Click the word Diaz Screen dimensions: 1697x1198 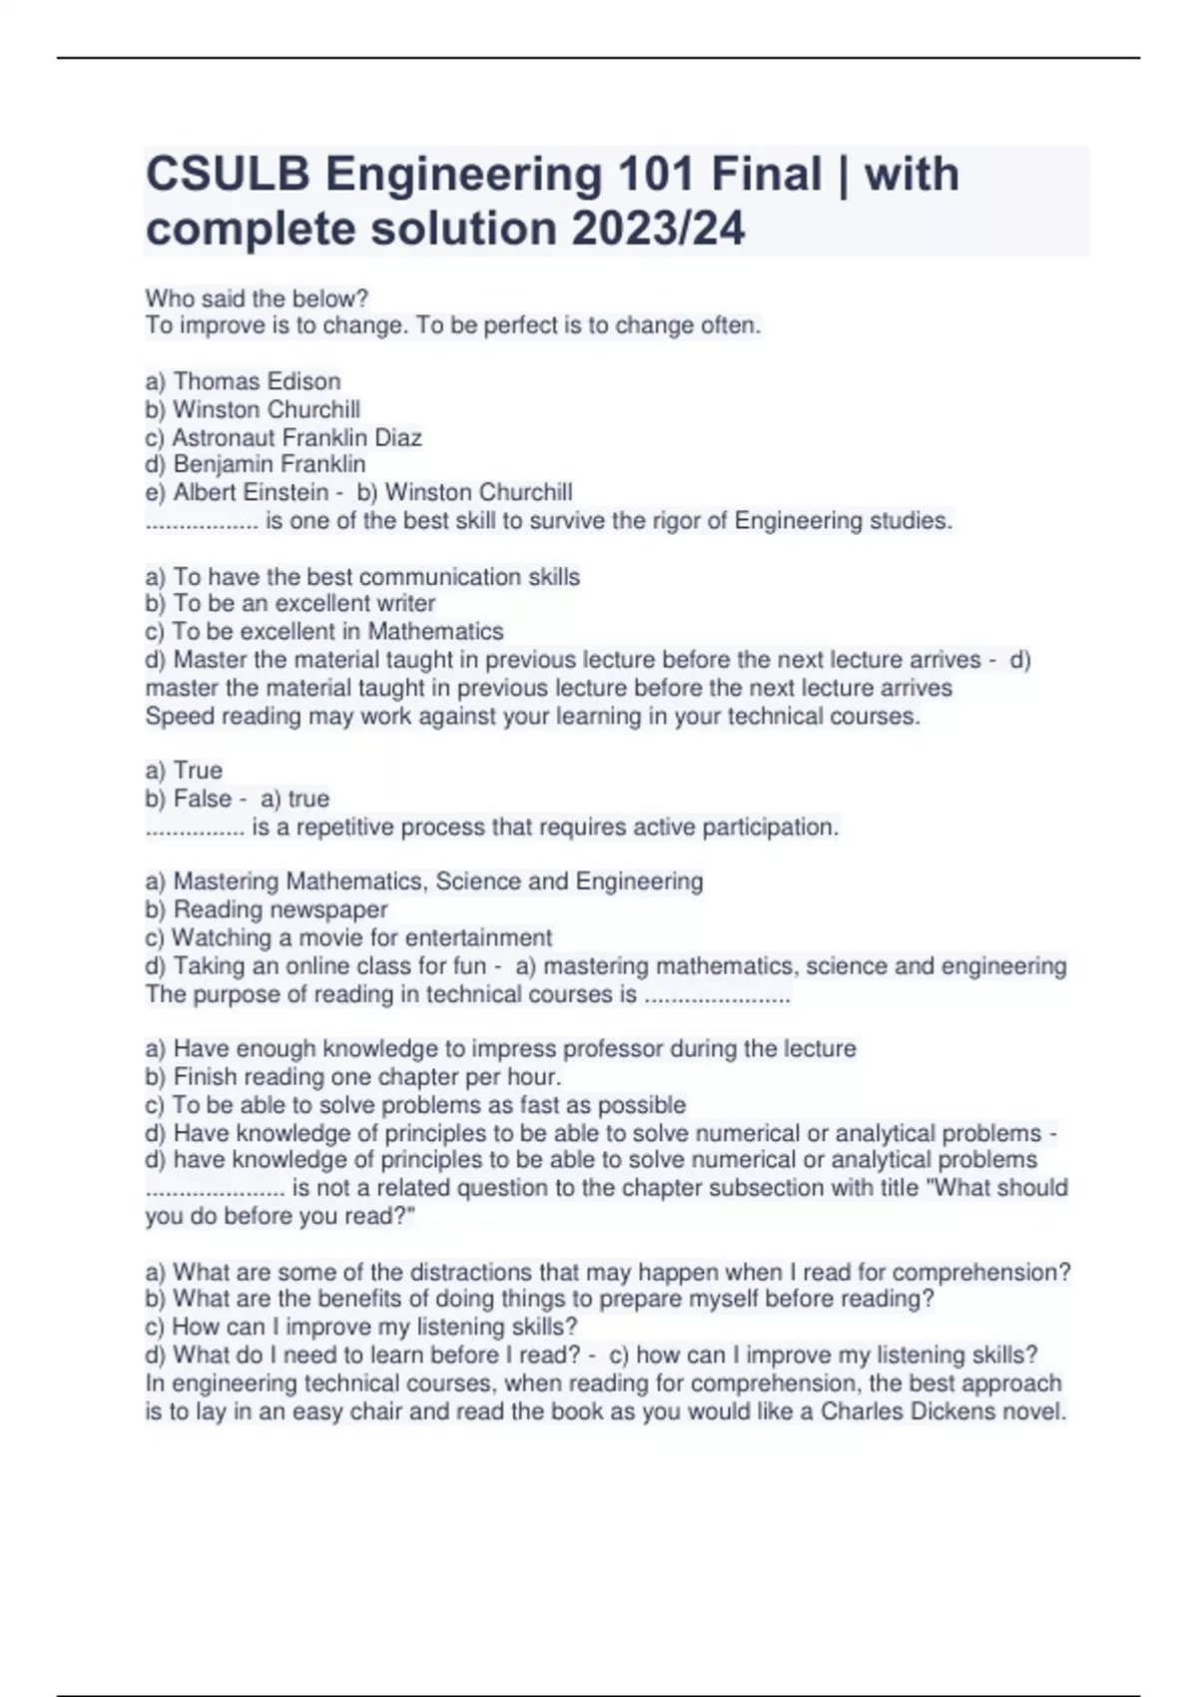coord(398,437)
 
